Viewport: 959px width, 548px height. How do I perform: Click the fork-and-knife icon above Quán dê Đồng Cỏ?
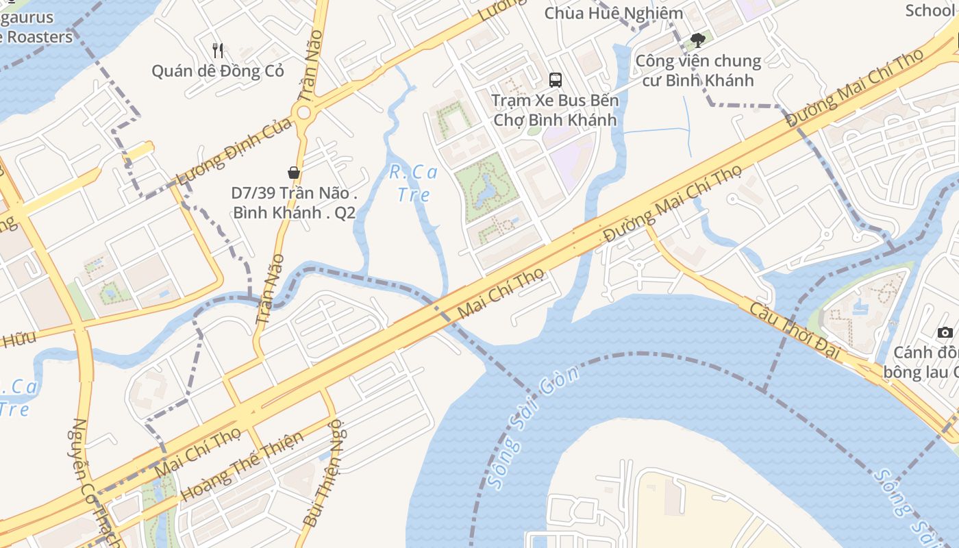(218, 50)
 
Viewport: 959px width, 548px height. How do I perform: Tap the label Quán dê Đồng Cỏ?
(217, 71)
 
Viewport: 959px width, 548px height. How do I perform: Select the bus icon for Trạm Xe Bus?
(556, 79)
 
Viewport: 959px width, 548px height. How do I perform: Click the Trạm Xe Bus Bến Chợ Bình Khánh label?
(556, 110)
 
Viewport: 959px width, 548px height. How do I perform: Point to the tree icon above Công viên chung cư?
(698, 40)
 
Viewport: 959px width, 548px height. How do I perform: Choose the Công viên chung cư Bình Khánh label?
(698, 71)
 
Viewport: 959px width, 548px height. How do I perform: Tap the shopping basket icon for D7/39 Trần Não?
(294, 173)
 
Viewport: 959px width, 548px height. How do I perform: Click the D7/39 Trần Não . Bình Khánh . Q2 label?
(294, 203)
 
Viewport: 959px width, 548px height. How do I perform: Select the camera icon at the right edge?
(945, 333)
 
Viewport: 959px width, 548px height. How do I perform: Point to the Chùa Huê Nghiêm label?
(614, 13)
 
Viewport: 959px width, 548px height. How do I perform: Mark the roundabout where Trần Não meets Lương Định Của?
(302, 112)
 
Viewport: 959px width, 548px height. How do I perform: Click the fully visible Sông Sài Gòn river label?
(534, 428)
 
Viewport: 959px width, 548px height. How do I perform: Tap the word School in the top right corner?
(930, 10)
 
